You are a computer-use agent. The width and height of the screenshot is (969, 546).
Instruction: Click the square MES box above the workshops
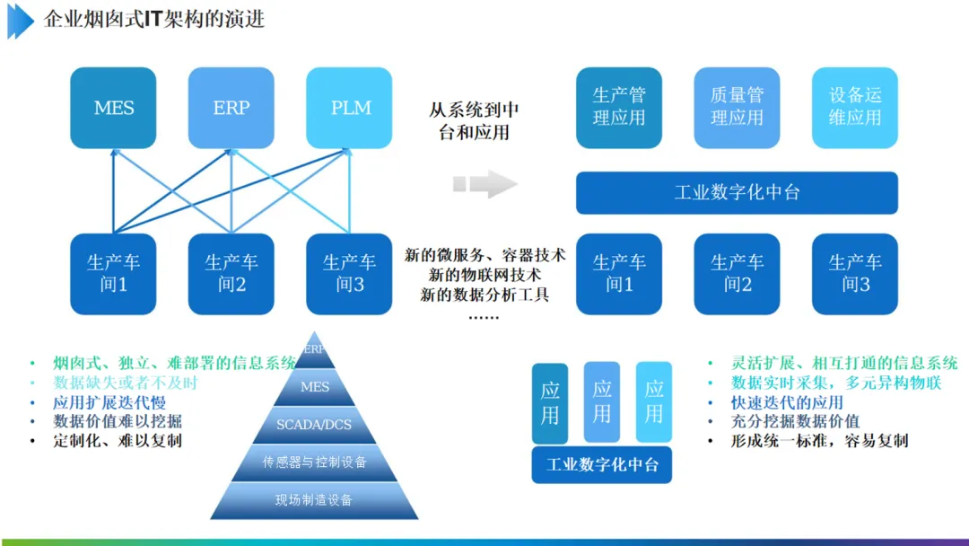(x=114, y=108)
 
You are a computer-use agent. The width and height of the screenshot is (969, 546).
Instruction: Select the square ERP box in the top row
(x=231, y=108)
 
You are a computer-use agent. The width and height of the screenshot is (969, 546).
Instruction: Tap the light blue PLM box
(x=350, y=108)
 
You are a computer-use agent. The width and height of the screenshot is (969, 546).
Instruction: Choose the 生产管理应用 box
(x=619, y=108)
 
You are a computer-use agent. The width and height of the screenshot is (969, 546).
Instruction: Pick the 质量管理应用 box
(x=737, y=108)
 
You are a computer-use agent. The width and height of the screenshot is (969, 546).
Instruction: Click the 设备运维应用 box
(x=854, y=108)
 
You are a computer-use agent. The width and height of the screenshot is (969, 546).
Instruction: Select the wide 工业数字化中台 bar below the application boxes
(x=737, y=193)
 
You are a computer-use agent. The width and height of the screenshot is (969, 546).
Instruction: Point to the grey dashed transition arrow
(x=484, y=184)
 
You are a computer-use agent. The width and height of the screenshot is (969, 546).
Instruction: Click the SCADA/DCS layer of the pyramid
(x=315, y=425)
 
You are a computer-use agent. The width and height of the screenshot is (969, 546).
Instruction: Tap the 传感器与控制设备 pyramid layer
(x=315, y=462)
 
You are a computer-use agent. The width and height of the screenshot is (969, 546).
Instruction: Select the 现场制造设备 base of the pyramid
(x=315, y=500)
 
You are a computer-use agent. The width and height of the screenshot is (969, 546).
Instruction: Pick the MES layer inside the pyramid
(x=315, y=387)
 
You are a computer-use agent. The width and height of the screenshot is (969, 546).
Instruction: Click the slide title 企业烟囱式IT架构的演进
(x=154, y=20)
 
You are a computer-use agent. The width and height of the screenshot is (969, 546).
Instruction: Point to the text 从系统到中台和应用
(x=474, y=121)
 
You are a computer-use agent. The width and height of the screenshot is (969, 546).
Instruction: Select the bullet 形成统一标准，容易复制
(x=820, y=441)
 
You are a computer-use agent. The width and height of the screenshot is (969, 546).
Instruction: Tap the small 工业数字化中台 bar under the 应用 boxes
(x=602, y=465)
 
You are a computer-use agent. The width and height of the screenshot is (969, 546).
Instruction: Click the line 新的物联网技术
(x=484, y=275)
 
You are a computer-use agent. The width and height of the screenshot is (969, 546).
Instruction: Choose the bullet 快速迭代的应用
(x=788, y=402)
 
